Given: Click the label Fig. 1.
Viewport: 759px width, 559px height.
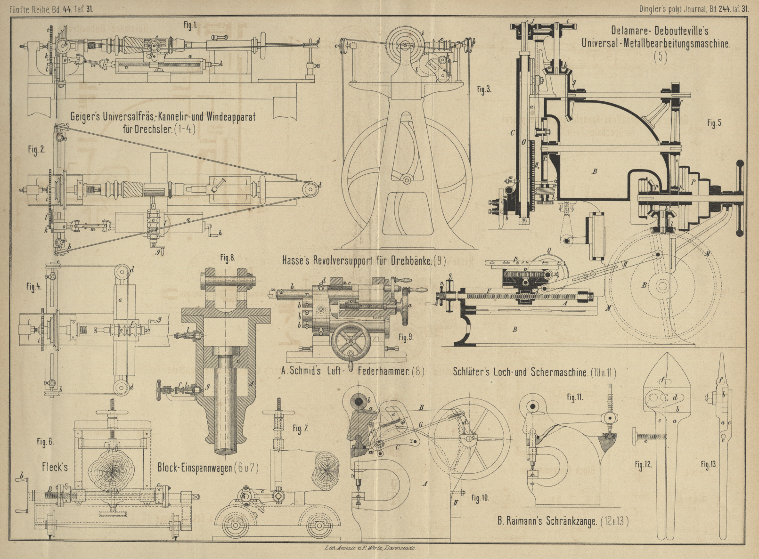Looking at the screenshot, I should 190,25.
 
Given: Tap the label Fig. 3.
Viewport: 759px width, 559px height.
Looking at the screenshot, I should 483,89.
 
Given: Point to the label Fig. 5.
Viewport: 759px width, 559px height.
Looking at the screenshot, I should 714,123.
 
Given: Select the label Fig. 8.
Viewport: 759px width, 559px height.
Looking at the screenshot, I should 227,258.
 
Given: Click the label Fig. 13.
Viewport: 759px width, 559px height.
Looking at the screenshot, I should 708,465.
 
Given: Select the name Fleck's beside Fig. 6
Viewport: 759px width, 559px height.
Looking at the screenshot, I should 55,467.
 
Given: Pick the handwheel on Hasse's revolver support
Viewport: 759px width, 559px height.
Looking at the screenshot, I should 351,343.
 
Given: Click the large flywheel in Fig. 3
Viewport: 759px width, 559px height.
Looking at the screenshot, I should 406,179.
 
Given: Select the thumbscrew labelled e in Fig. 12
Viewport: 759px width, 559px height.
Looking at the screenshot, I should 647,437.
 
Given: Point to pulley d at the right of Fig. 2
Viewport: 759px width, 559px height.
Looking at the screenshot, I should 310,188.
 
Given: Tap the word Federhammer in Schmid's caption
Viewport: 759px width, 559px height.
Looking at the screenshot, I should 383,371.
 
